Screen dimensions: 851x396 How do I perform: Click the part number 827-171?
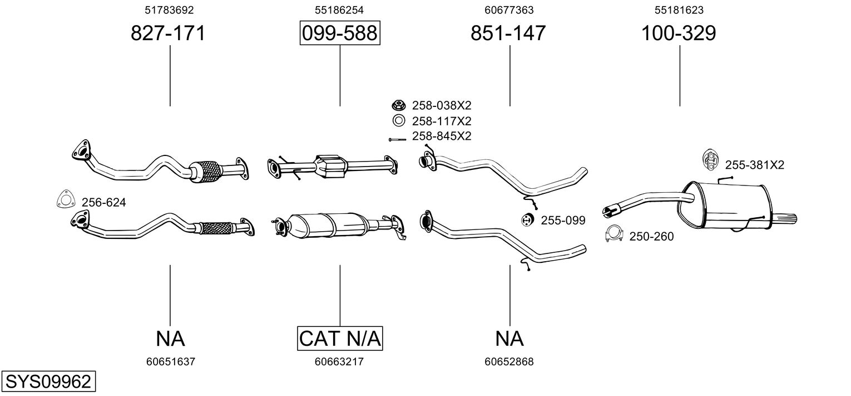pos(168,33)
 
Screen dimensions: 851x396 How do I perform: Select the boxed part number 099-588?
pos(339,33)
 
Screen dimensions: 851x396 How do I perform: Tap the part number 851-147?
pos(508,33)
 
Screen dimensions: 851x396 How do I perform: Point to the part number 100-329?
pos(679,33)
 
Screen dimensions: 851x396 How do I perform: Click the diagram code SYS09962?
pos(47,382)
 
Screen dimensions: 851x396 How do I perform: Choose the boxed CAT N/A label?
pos(340,338)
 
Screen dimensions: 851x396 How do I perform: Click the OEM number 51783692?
pos(169,9)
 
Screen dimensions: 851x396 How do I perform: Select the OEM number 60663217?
pos(339,361)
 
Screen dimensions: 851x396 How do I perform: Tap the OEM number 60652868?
pos(509,361)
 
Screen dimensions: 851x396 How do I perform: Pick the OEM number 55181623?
pos(679,9)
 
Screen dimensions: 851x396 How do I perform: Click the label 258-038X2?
pos(441,105)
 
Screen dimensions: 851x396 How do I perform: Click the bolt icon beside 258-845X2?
pos(397,139)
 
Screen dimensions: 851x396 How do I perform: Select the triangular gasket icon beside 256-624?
pos(66,201)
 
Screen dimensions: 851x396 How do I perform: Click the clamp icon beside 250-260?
pos(613,234)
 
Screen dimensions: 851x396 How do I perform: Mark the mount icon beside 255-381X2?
pos(710,160)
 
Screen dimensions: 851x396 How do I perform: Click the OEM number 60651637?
pos(171,361)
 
